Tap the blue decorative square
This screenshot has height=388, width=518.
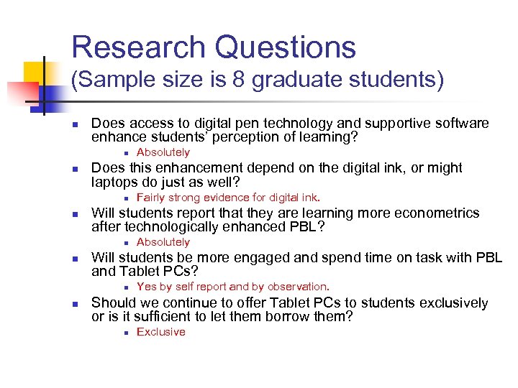point(48,92)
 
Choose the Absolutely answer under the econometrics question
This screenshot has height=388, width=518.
point(163,242)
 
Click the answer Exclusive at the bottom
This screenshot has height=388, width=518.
point(161,332)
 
